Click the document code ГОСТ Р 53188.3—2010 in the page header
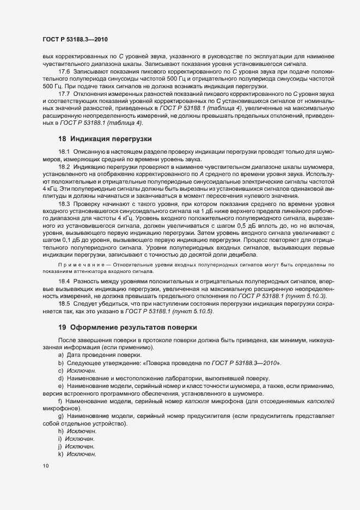coord(78,40)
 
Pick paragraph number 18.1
coord(65,151)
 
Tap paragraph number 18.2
coord(65,166)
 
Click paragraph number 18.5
coord(65,302)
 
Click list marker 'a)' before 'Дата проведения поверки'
coord(60,355)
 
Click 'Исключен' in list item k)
coord(81,454)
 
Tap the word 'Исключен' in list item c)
coord(81,370)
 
